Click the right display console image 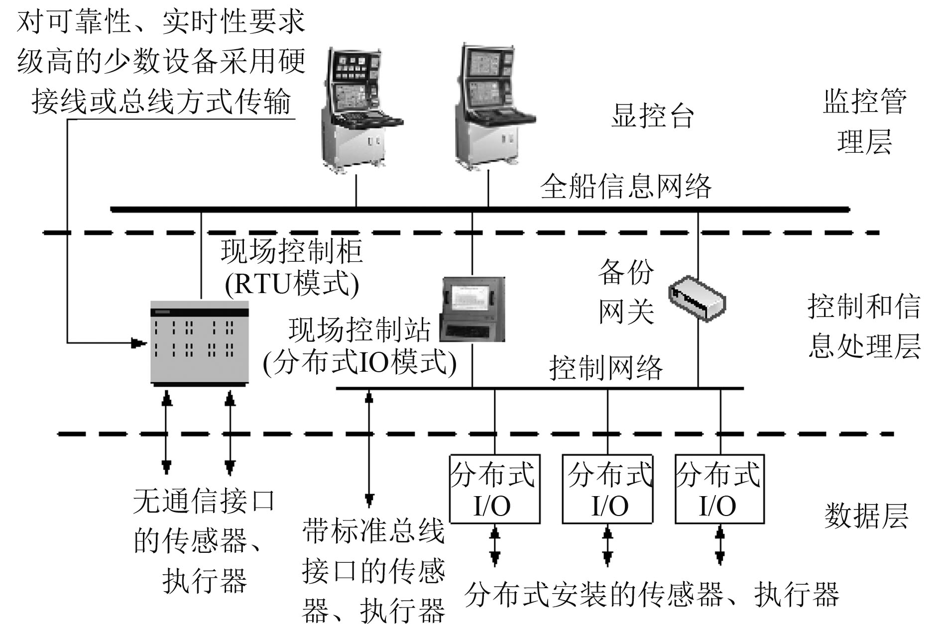pos(493,105)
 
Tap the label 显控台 pos(652,116)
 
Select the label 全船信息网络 pos(626,187)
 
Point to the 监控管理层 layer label pos(864,122)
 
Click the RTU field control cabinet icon pos(200,342)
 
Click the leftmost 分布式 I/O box pos(494,489)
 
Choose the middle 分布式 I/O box pos(607,489)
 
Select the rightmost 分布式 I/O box pos(719,489)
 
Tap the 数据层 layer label pos(866,516)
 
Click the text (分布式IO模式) pos(359,363)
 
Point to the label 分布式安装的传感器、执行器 pos(652,594)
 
